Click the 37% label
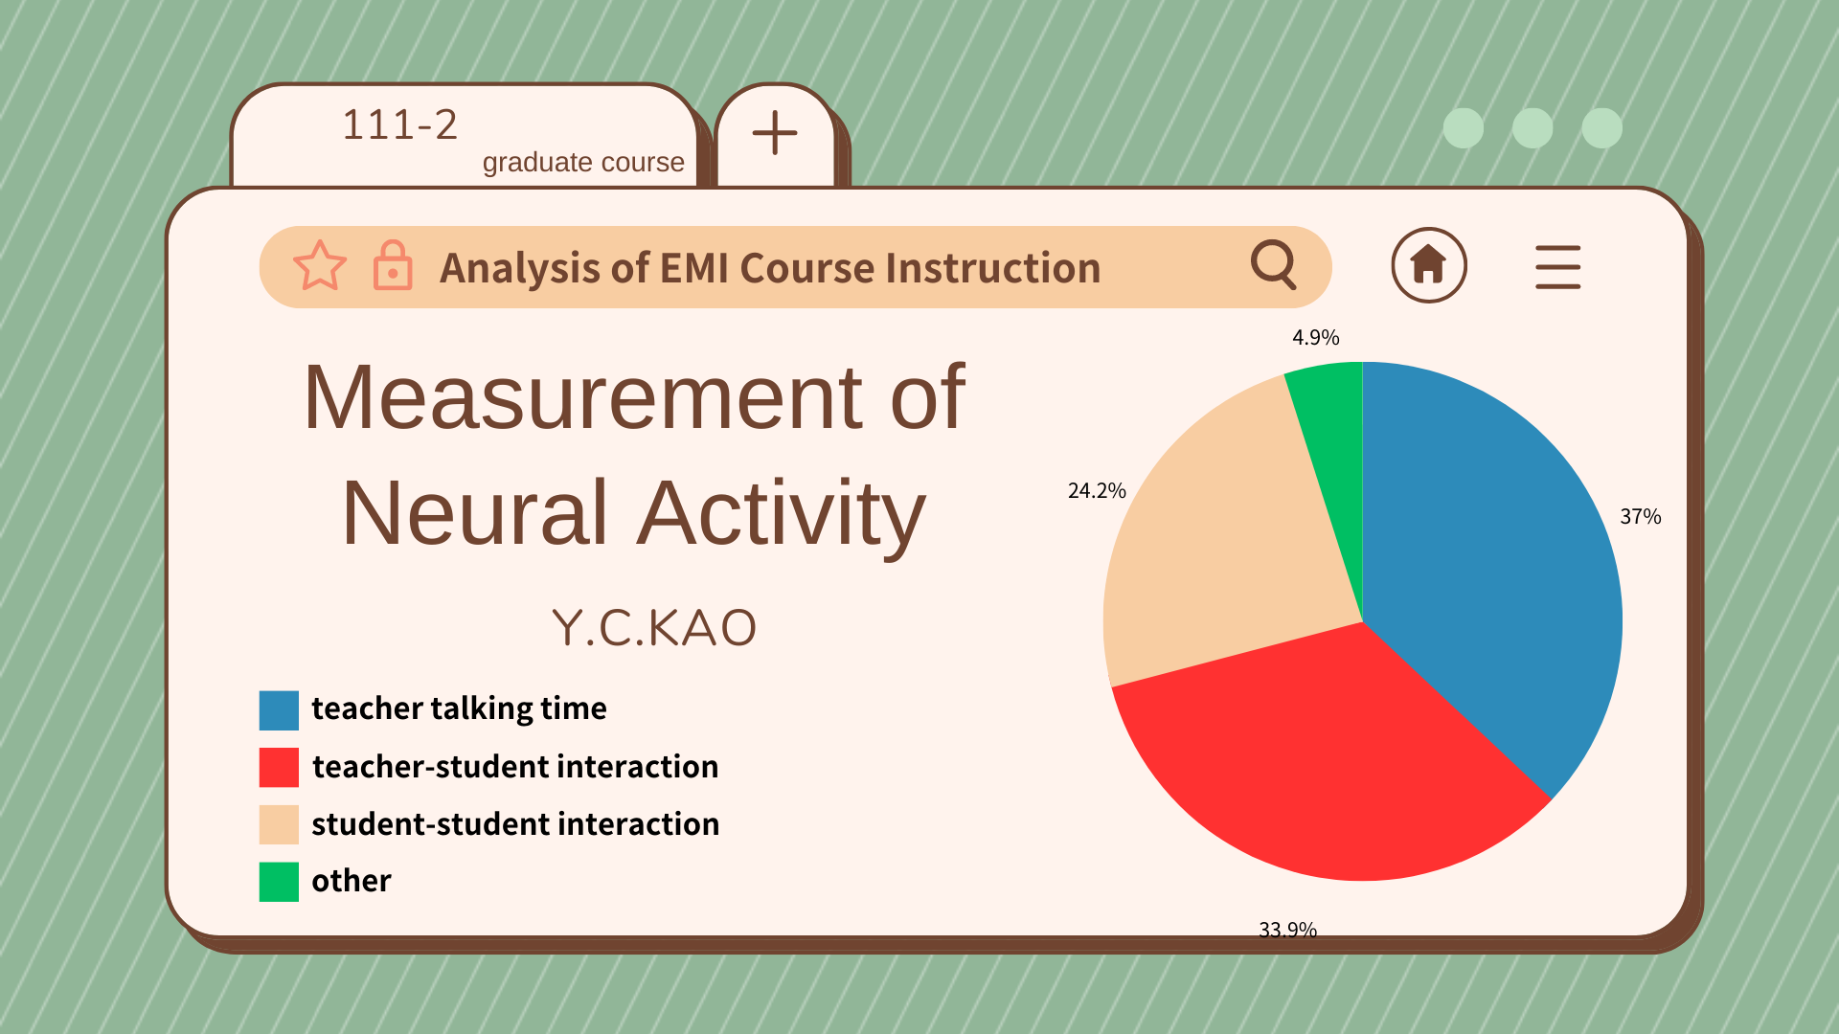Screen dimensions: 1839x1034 pyautogui.click(x=1640, y=517)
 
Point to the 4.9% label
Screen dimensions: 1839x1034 pyautogui.click(x=1316, y=337)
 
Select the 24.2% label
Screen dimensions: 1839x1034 pyautogui.click(x=1097, y=490)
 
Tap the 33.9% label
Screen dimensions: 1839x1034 pyautogui.click(x=1287, y=930)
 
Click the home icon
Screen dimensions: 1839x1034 pyautogui.click(x=1429, y=265)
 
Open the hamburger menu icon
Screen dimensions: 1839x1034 pyautogui.click(x=1558, y=267)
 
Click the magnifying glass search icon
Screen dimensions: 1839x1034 pyautogui.click(x=1275, y=264)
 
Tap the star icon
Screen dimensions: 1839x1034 pyautogui.click(x=320, y=265)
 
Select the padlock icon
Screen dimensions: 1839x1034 pyautogui.click(x=393, y=265)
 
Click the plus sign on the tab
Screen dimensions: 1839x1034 pyautogui.click(x=775, y=133)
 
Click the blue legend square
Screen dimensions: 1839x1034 pyautogui.click(x=279, y=710)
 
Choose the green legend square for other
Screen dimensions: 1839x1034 pyautogui.click(x=279, y=882)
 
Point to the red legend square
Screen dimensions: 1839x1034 pyautogui.click(x=279, y=768)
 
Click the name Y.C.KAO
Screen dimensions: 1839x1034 pyautogui.click(x=654, y=628)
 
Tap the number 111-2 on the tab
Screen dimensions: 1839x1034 pyautogui.click(x=400, y=124)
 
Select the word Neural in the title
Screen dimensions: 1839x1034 pyautogui.click(x=475, y=513)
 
